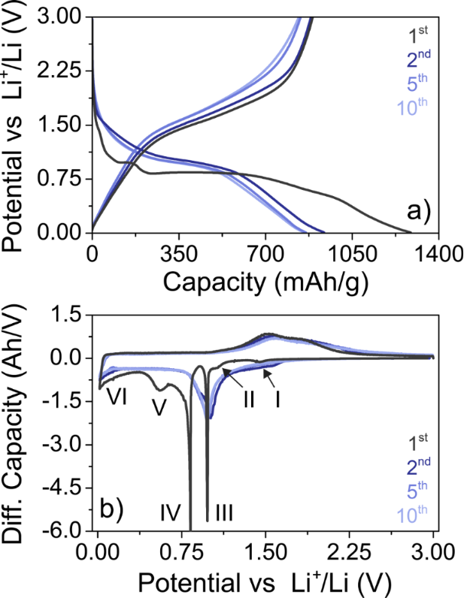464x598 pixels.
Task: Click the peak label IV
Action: pos(170,514)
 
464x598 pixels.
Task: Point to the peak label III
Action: pos(224,514)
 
